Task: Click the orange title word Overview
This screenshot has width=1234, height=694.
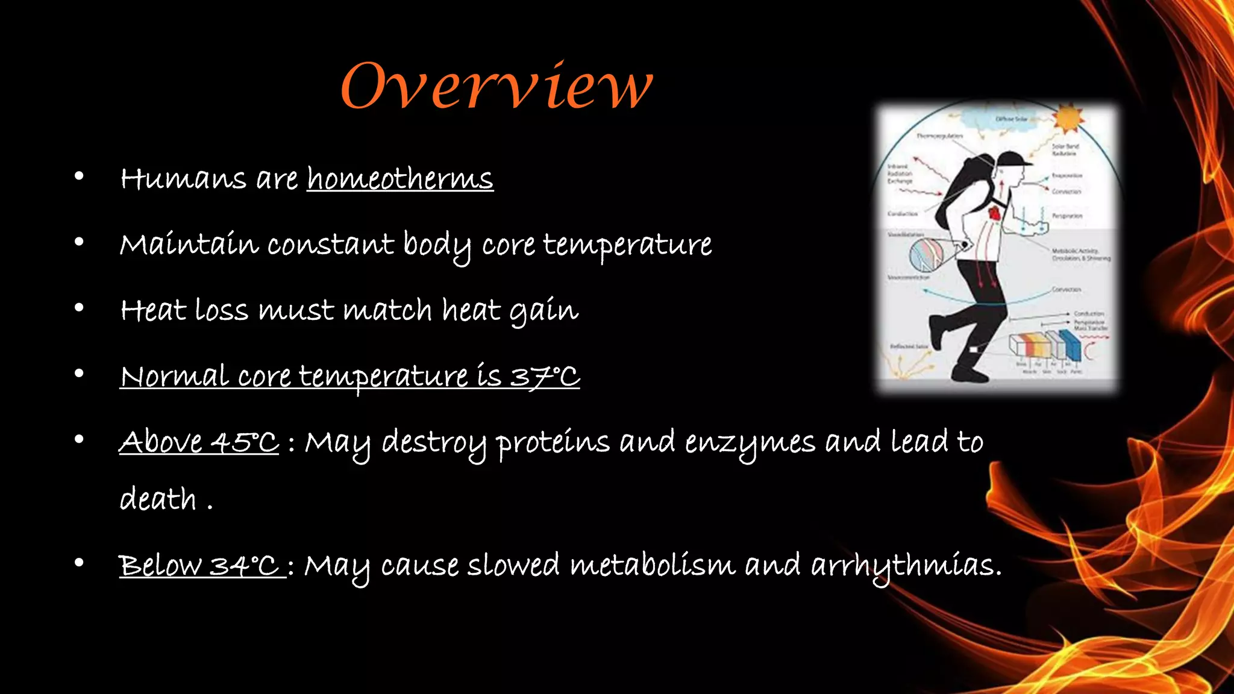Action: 496,87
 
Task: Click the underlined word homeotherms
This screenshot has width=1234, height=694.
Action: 400,179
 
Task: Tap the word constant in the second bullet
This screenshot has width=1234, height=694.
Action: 330,245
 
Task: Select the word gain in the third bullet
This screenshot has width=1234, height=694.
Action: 544,311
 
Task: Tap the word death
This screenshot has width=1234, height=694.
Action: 158,499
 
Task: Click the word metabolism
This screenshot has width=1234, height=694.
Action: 653,565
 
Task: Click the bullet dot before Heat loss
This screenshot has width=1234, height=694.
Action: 79,308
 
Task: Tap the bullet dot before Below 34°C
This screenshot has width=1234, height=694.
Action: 79,563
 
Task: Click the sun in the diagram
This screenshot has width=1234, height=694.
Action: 1067,117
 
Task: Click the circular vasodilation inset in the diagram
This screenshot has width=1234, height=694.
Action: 926,255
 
